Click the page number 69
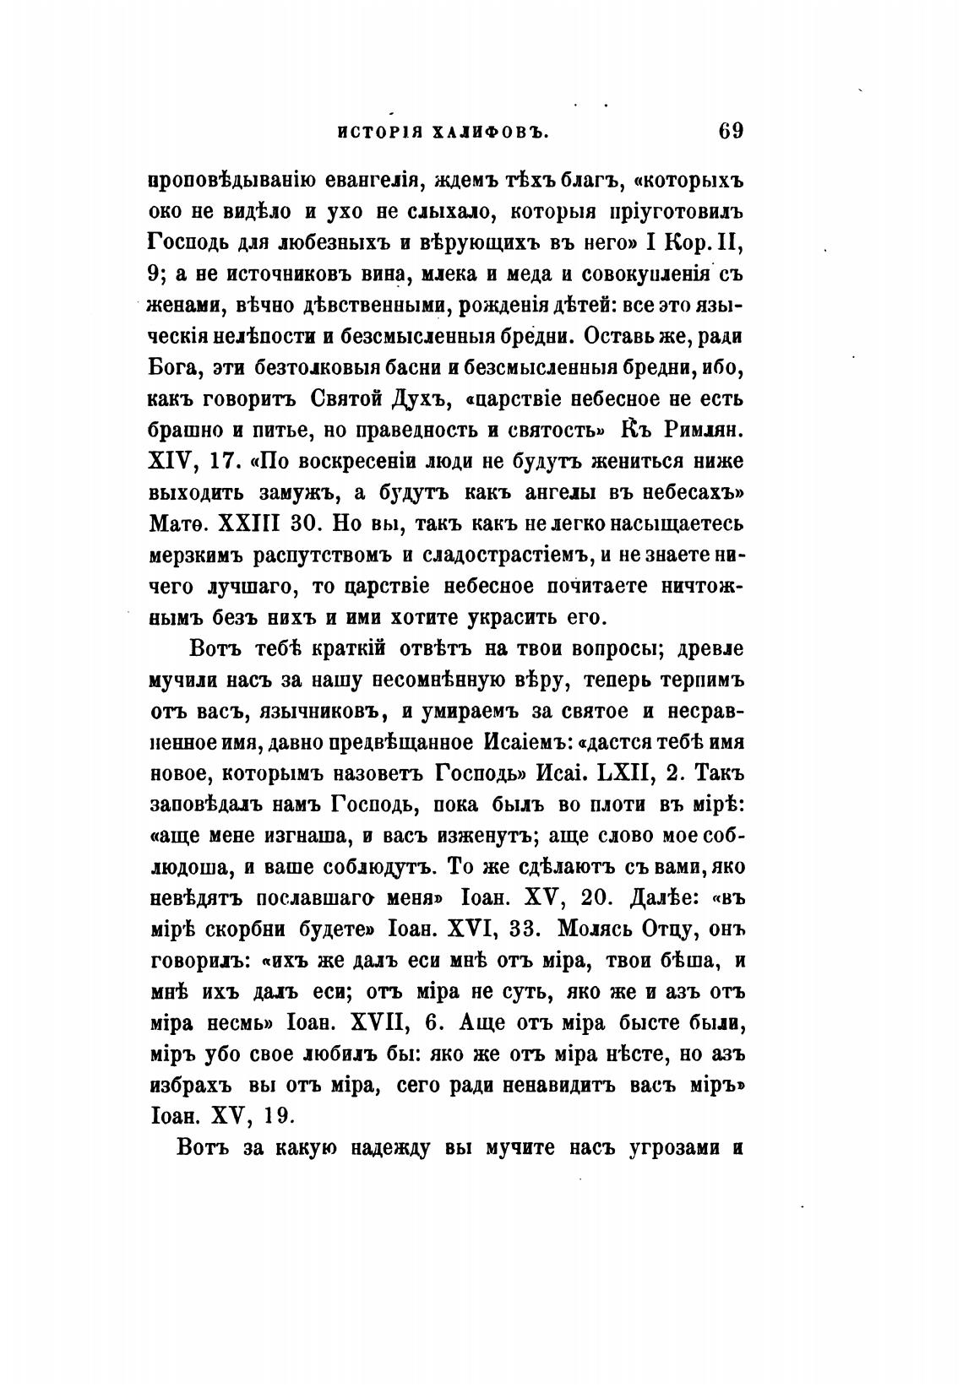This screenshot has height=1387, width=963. point(730,132)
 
